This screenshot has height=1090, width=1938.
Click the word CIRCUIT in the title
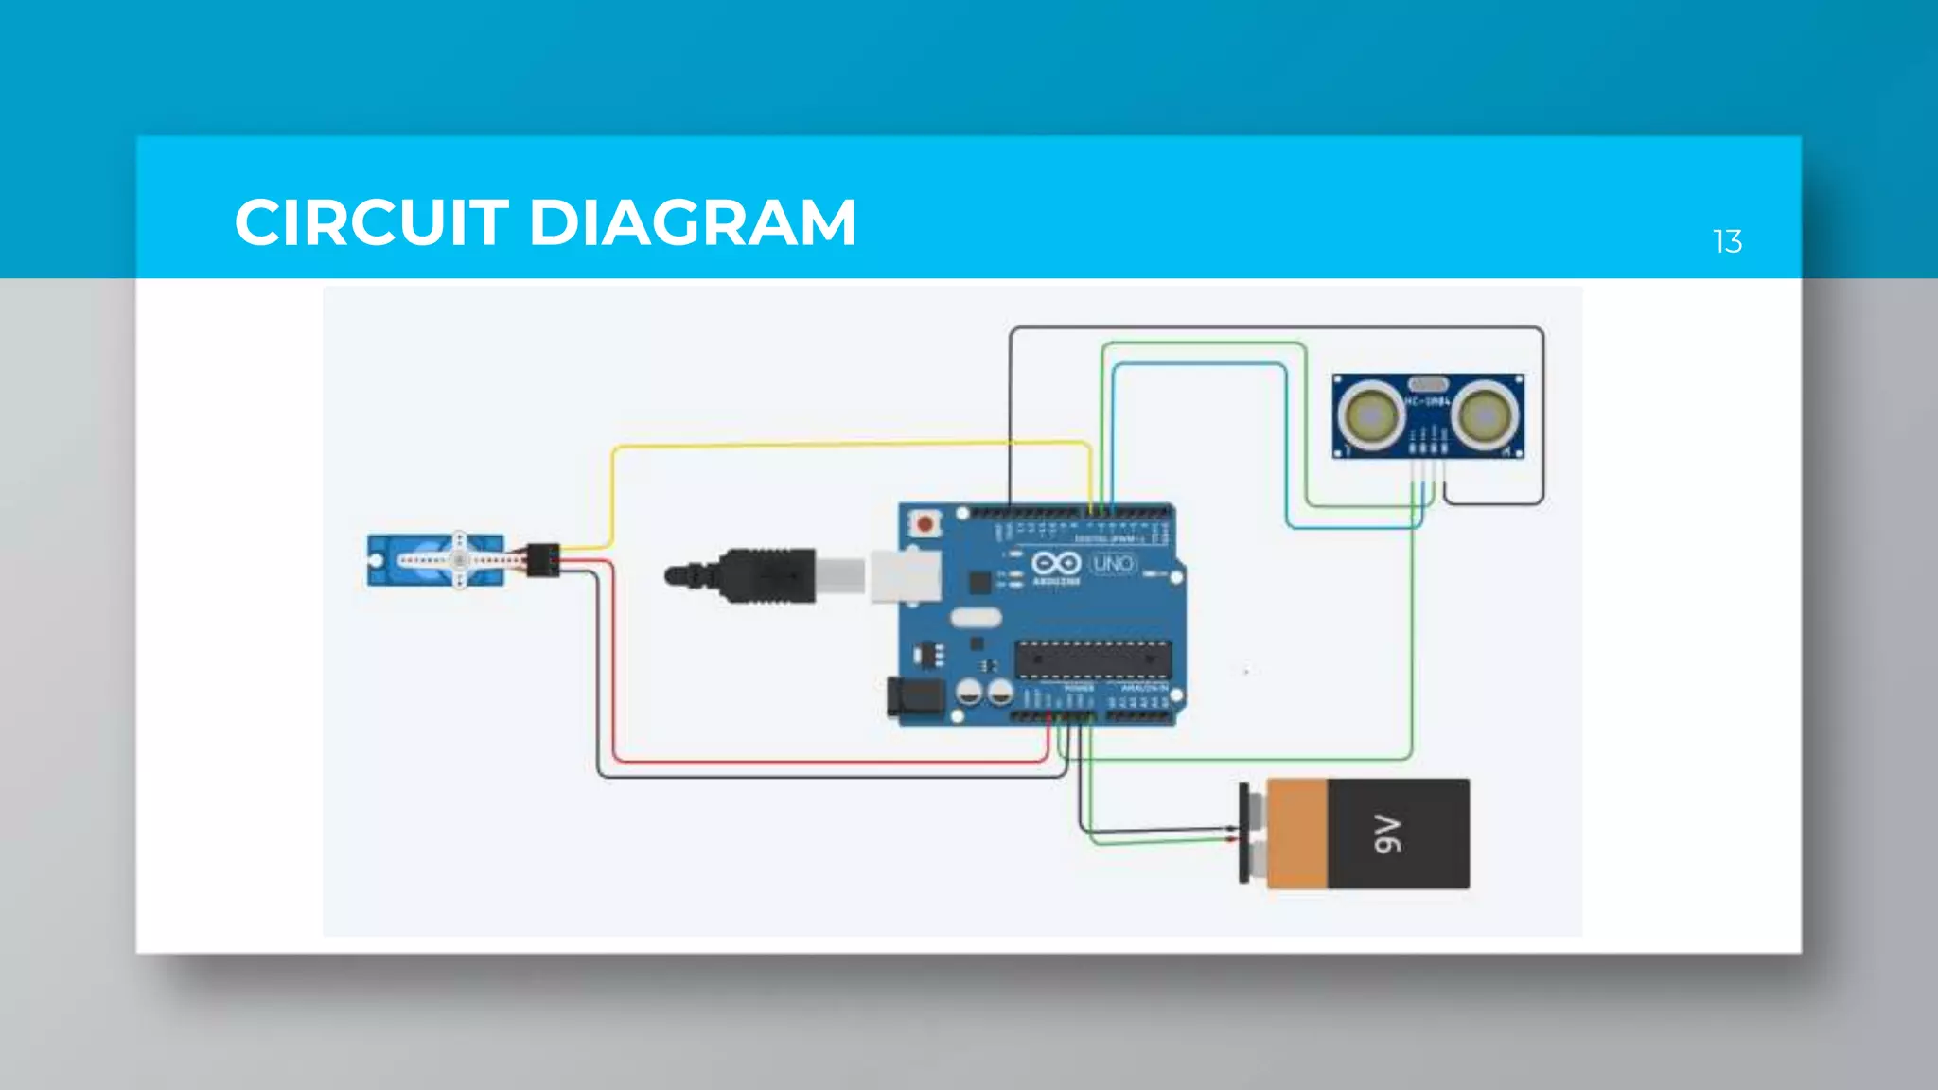point(372,223)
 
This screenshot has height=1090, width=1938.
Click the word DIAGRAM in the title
point(692,223)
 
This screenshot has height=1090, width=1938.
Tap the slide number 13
point(1727,242)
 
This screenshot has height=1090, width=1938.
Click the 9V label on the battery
point(1387,834)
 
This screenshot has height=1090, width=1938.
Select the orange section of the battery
point(1296,834)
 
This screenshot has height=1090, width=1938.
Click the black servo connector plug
point(543,560)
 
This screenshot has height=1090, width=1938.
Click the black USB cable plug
point(766,574)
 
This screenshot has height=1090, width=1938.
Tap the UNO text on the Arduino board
point(1113,564)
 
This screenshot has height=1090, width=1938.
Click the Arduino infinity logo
point(1056,564)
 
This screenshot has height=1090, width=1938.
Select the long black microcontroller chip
point(1093,659)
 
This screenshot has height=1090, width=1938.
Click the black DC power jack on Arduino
point(915,697)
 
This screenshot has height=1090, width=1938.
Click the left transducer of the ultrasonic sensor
point(1369,416)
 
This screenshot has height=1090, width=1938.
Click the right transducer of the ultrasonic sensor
point(1486,416)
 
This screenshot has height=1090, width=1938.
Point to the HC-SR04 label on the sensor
point(1427,402)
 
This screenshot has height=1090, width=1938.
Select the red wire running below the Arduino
point(823,761)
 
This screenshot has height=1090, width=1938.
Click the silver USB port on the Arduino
point(905,575)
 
